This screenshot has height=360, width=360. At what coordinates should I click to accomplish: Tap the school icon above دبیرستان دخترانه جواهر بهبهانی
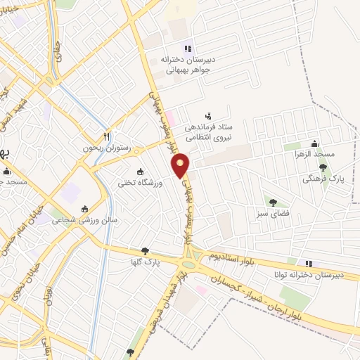188,49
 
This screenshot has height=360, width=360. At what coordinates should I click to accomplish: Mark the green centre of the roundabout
188,265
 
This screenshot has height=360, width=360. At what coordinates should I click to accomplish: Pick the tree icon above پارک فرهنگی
323,167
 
